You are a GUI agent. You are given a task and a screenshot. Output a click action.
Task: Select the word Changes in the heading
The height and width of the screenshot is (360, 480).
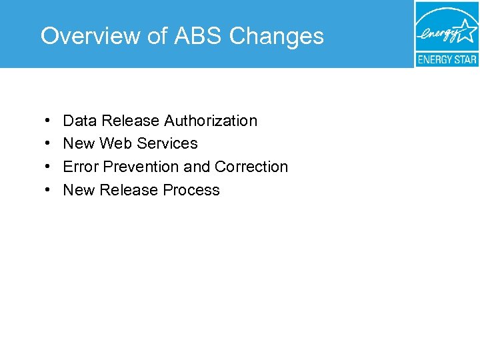277,36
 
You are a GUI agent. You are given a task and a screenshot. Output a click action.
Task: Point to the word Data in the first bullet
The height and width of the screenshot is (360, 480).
80,121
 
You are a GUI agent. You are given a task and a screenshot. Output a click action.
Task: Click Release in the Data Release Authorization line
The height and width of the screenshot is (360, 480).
131,121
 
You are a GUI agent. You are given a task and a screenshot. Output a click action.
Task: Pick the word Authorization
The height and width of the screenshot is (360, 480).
211,121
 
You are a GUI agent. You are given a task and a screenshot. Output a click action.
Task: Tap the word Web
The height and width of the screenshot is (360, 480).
114,143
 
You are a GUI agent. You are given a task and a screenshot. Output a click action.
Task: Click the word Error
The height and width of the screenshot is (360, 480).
79,167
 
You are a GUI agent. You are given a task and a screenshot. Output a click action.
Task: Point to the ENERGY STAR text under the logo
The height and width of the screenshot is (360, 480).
447,59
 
